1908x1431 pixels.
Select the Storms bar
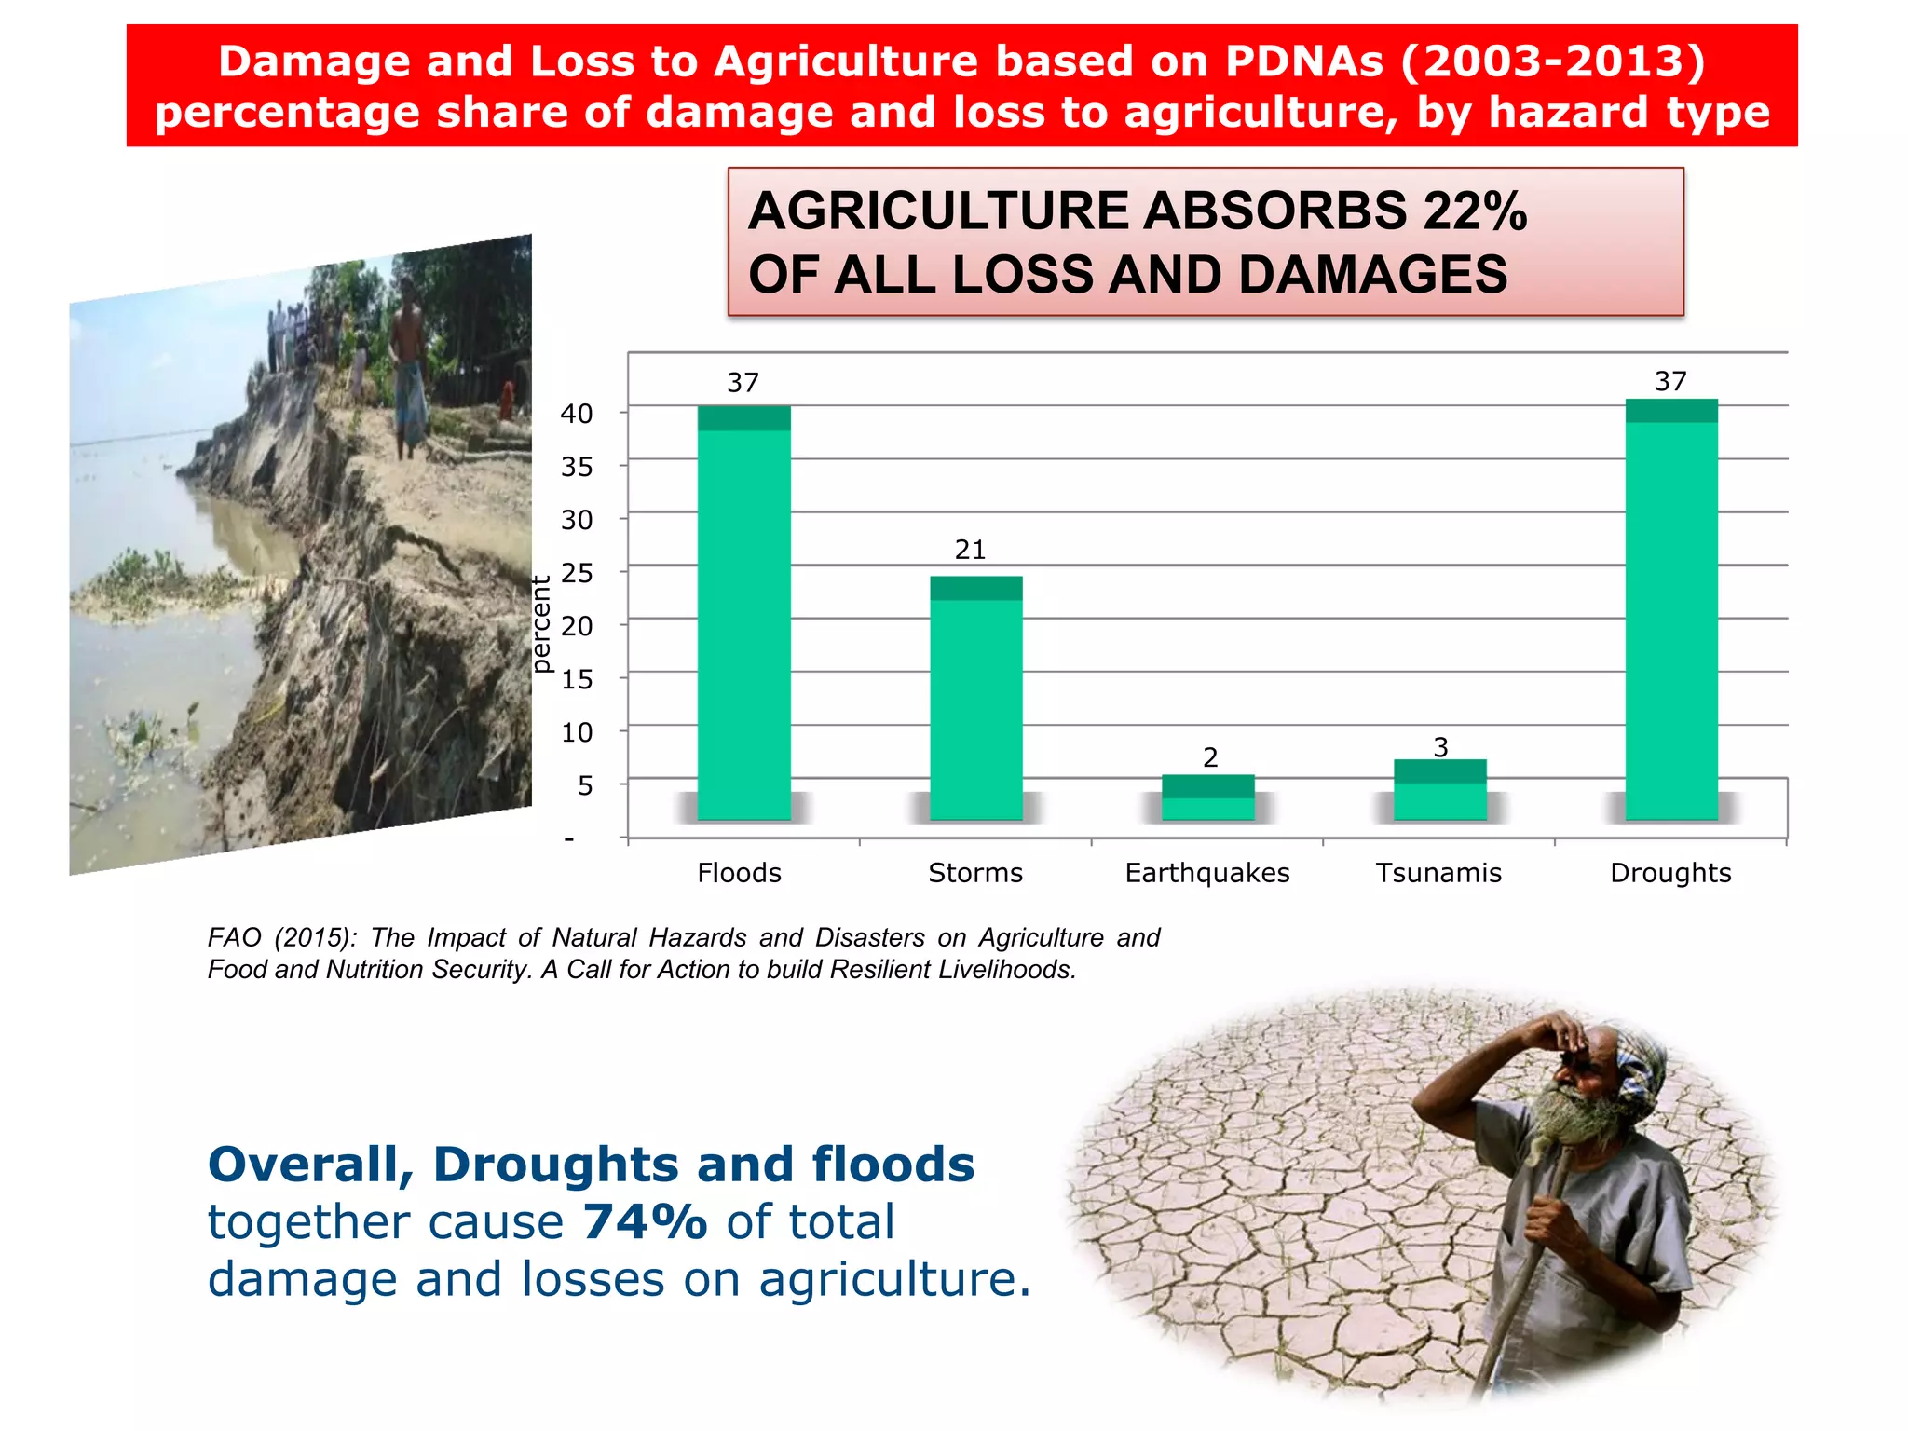coord(975,699)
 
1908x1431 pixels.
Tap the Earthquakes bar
coord(1207,797)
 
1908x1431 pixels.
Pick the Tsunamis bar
coord(1439,790)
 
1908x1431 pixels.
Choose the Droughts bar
coord(1671,610)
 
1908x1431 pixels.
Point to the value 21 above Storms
coord(970,550)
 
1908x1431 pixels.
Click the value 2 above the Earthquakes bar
coord(1210,757)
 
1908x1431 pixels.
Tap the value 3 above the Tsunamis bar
coord(1440,747)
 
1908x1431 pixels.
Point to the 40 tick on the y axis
coord(577,414)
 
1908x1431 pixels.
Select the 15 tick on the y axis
coord(577,679)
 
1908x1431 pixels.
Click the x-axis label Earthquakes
coord(1207,873)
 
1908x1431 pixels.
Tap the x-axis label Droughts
coord(1670,873)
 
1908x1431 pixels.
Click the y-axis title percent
coord(541,624)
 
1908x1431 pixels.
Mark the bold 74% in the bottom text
coord(645,1221)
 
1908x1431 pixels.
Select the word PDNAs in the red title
coord(1304,61)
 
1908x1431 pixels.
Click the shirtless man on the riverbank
coord(408,363)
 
